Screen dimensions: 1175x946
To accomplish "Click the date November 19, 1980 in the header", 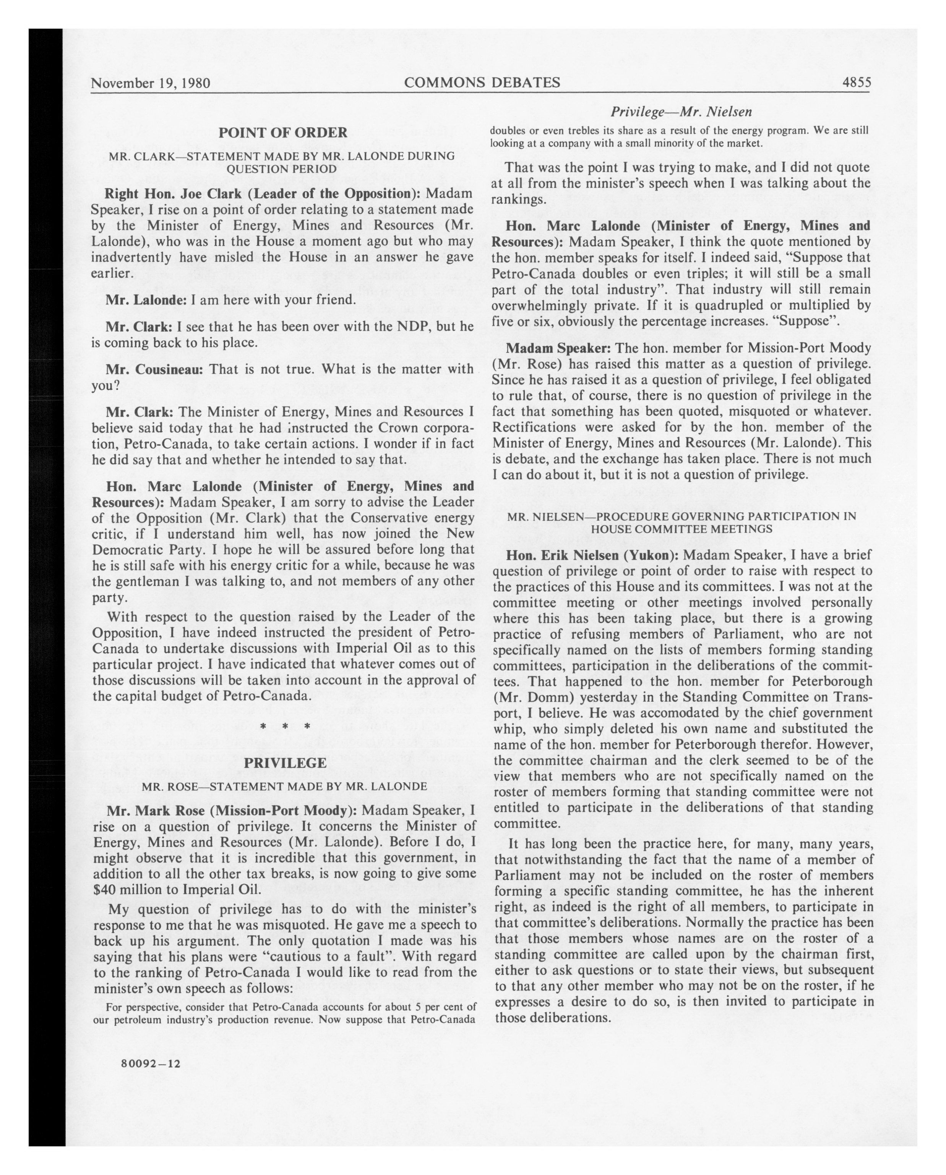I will pos(151,83).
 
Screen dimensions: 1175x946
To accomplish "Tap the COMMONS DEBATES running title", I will pos(482,82).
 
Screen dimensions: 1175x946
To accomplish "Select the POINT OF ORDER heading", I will pos(282,133).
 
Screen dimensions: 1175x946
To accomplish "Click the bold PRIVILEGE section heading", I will pos(285,763).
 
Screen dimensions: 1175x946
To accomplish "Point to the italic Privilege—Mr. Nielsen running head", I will pos(681,112).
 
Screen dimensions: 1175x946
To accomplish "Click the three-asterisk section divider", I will pos(285,727).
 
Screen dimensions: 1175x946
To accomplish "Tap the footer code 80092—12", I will pos(152,1063).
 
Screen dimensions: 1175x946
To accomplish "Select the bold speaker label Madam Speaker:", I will pos(552,348).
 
